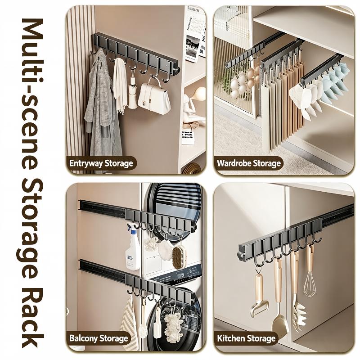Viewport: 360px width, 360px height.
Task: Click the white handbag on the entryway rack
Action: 154,98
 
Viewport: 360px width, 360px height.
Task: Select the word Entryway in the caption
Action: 86,163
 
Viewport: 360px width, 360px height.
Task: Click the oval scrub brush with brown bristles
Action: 179,257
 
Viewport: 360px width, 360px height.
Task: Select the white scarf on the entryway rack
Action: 120,85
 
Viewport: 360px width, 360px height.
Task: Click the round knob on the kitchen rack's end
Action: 240,255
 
